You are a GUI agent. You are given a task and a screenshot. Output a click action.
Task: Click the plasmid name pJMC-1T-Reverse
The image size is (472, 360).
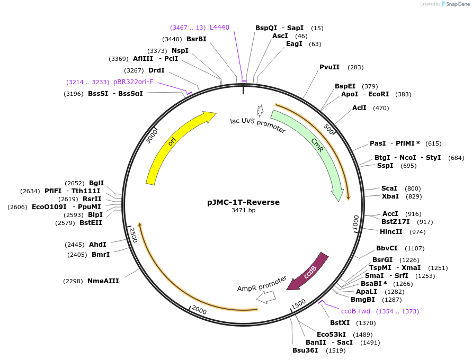[243, 202]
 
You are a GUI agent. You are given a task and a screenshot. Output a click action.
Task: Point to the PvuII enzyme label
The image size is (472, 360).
[329, 67]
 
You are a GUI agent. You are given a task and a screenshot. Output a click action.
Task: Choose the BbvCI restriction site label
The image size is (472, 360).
[387, 248]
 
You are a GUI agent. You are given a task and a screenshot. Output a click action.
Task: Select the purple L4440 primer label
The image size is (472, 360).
[219, 27]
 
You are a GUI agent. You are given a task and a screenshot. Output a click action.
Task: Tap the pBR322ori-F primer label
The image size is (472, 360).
[133, 82]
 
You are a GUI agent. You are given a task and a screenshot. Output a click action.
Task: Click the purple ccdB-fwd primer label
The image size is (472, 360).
[355, 311]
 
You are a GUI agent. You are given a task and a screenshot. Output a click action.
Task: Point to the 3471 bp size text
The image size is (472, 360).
[243, 211]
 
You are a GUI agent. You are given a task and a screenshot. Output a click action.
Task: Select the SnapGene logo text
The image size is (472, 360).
[457, 4]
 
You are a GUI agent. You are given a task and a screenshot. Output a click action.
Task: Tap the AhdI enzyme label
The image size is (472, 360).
[97, 244]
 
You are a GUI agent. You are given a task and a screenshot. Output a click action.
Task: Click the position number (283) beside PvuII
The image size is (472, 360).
[355, 67]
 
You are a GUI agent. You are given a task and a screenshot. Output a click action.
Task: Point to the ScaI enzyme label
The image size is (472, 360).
[389, 188]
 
